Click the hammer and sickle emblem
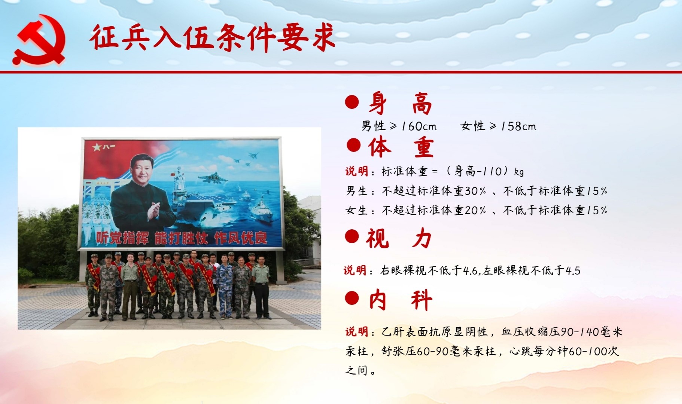pos(40,40)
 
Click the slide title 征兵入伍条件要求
pos(212,38)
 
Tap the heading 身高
pos(400,104)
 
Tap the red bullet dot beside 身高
pos(352,102)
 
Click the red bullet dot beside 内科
pos(352,298)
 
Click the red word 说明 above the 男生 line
pos(357,171)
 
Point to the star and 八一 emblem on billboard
pos(103,147)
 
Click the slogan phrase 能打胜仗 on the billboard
pos(181,238)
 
